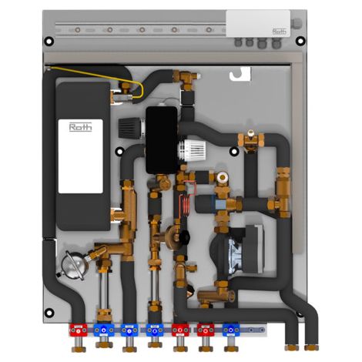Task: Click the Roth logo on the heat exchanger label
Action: [x=81, y=127]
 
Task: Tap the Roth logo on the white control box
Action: [x=280, y=32]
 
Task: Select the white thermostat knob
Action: [x=192, y=151]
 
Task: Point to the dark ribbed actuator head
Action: [x=130, y=128]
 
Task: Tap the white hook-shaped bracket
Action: [x=240, y=74]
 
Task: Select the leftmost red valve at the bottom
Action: [x=79, y=330]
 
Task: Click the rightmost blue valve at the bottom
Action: [x=231, y=330]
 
